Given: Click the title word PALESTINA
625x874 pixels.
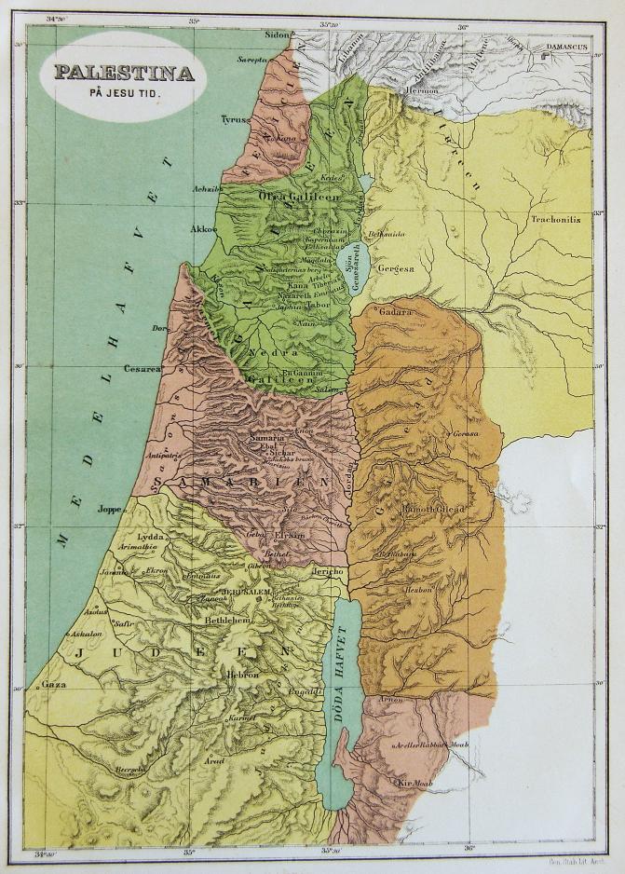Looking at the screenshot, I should pyautogui.click(x=124, y=73).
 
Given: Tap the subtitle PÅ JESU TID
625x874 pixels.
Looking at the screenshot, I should pyautogui.click(x=124, y=94).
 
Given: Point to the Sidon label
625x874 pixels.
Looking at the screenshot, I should pyautogui.click(x=278, y=35).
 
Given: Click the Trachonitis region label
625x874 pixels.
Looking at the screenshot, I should pyautogui.click(x=555, y=220).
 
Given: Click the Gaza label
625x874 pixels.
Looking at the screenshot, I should pyautogui.click(x=53, y=684).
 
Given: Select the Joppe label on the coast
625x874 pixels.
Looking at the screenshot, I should pyautogui.click(x=110, y=509).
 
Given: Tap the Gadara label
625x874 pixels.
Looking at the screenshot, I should pyautogui.click(x=395, y=313).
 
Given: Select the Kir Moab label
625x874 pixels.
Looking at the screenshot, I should pyautogui.click(x=415, y=783).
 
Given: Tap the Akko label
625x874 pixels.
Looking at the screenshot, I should pyautogui.click(x=202, y=227).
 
